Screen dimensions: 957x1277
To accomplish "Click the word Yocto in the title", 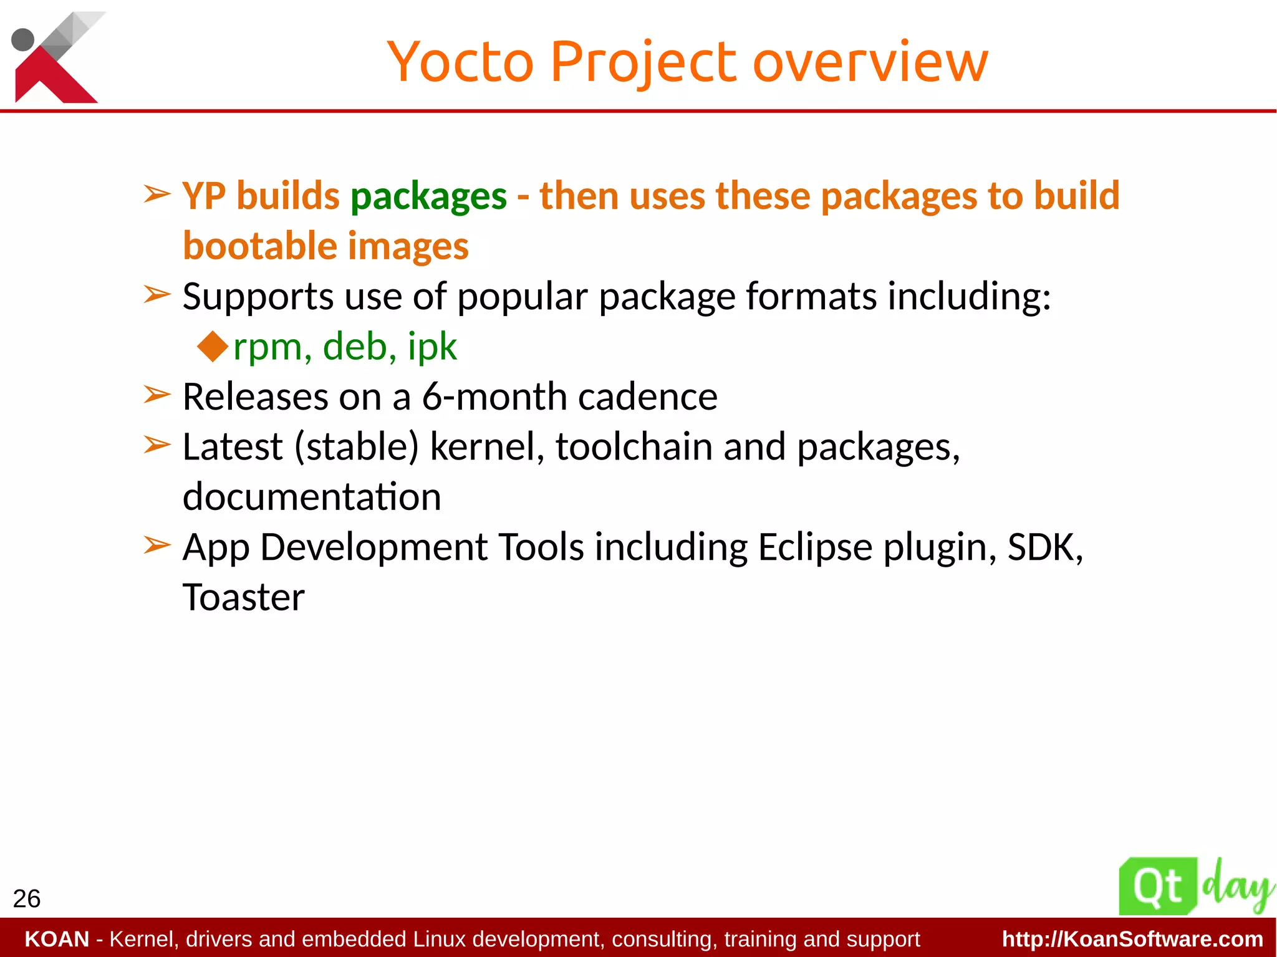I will coord(460,62).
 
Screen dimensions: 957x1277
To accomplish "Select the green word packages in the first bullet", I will coord(428,197).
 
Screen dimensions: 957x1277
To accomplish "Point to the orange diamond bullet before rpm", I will coord(213,347).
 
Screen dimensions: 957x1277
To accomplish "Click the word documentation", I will coord(312,497).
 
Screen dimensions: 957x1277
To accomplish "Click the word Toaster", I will coord(243,597).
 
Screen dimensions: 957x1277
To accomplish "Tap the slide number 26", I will coord(26,899).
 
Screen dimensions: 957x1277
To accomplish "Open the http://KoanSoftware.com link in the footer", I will coord(1132,939).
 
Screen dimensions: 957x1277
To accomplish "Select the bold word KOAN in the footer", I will coord(57,939).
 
